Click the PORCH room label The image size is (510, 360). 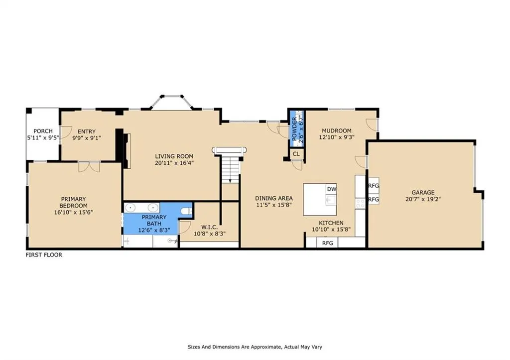click(x=43, y=131)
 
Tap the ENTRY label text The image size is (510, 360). click(x=87, y=131)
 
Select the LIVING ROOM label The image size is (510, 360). click(x=174, y=156)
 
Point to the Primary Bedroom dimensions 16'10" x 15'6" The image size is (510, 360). click(x=74, y=212)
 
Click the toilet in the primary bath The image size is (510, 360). click(x=186, y=211)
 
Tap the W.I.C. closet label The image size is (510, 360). click(x=210, y=227)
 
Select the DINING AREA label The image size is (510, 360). click(x=274, y=198)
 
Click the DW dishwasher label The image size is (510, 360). click(x=331, y=189)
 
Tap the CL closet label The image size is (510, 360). click(x=296, y=154)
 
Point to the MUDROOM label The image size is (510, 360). click(x=336, y=131)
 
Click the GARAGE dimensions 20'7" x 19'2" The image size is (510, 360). click(x=423, y=199)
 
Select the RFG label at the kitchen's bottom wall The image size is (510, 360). click(x=328, y=243)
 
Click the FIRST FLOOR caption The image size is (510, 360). click(x=44, y=255)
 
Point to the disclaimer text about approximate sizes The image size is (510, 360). click(x=255, y=347)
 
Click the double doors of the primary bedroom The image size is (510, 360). click(x=89, y=167)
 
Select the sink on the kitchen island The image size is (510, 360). click(x=331, y=200)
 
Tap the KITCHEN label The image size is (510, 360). click(x=331, y=223)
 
